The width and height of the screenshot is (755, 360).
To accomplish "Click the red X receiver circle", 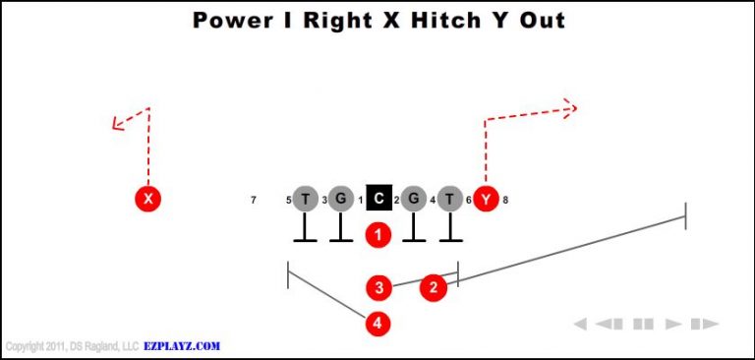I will coord(147,200).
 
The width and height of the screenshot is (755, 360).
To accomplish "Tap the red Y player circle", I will coord(486,200).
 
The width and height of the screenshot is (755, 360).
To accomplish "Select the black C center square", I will coord(378,200).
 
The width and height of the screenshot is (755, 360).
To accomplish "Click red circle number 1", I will coord(378,235).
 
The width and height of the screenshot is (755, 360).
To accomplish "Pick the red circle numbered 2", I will coord(434,287).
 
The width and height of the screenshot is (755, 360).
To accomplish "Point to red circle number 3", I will coord(379,287).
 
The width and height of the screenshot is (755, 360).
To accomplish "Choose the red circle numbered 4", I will coord(378,322).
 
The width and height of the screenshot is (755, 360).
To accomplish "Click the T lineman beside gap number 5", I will coord(306,200).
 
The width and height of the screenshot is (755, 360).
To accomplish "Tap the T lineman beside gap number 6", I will coord(450,200).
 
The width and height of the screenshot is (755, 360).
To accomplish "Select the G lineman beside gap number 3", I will coord(341,200).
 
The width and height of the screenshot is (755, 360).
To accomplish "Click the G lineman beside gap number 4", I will coord(414,200).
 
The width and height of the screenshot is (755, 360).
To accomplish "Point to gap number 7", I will coord(254,201).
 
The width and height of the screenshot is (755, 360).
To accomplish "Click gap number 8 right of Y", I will coord(505,201).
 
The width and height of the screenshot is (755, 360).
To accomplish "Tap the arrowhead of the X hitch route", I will coord(116,124).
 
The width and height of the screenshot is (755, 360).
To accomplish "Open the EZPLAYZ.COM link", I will coord(182,346).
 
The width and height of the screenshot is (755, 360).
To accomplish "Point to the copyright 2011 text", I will coord(59,346).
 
